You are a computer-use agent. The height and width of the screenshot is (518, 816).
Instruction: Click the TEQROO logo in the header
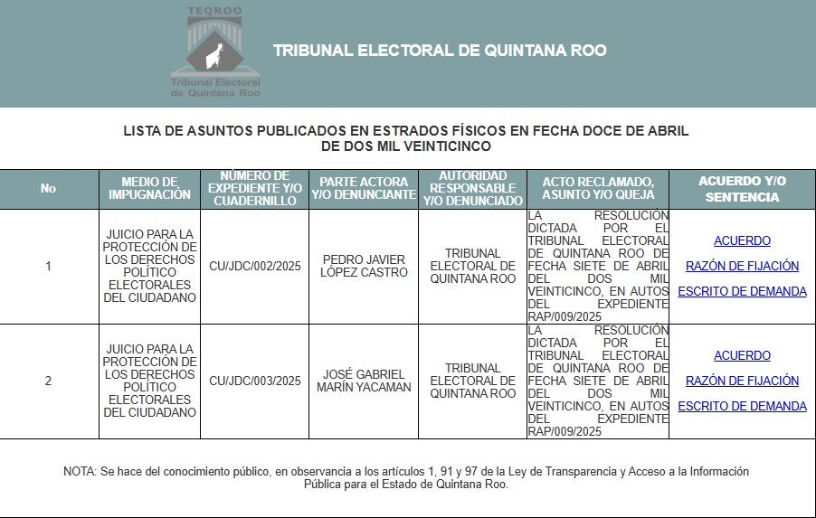[215, 52]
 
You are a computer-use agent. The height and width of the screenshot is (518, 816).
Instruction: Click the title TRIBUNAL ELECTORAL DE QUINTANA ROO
[440, 51]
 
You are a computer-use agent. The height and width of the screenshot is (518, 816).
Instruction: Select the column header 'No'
[48, 189]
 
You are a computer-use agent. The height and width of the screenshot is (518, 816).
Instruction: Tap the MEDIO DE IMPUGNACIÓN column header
[149, 188]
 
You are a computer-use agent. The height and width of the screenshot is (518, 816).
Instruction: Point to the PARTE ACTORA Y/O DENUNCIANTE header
[363, 188]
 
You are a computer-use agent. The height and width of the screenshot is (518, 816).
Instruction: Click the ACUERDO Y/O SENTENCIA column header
[742, 189]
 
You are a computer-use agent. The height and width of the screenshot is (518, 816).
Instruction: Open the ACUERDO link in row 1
[742, 241]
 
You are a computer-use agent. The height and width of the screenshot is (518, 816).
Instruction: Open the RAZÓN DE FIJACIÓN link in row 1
[742, 267]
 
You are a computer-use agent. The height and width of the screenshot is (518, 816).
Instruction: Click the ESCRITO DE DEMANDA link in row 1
[742, 292]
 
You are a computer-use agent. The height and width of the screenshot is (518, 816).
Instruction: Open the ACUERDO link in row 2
[742, 356]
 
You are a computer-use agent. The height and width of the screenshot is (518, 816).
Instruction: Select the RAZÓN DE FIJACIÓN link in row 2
[742, 381]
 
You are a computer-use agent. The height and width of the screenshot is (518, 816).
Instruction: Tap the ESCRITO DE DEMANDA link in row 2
[742, 407]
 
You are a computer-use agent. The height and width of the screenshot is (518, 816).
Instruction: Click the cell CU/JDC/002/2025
[254, 267]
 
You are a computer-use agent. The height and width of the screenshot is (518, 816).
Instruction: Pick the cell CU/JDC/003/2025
[254, 381]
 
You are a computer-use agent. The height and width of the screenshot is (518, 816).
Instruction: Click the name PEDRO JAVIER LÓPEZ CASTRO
[363, 267]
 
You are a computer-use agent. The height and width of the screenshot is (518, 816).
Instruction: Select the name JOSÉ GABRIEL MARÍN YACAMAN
[363, 381]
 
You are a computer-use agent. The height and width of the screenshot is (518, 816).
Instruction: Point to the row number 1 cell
[48, 267]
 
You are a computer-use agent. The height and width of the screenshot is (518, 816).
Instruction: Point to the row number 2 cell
[48, 381]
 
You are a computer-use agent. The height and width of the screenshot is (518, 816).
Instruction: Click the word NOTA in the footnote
[80, 472]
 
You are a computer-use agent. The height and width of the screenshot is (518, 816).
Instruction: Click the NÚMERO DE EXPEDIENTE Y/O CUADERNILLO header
[254, 188]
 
